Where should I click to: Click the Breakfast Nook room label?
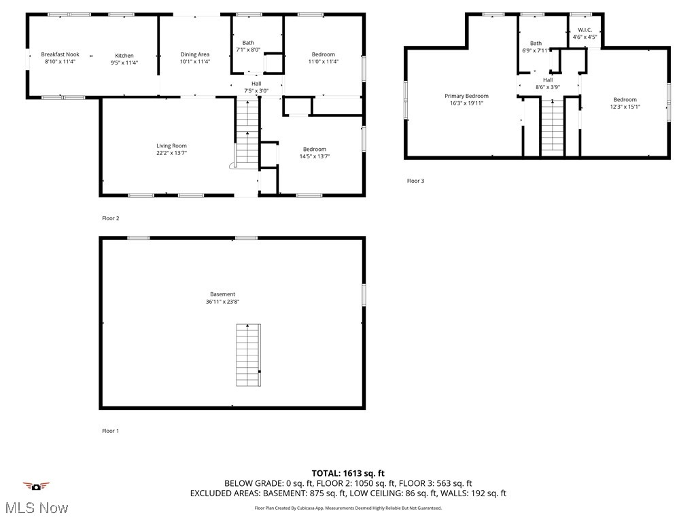pos(60,54)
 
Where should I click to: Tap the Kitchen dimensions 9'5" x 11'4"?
pos(124,63)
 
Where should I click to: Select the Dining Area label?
pos(194,54)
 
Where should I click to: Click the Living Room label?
pos(171,145)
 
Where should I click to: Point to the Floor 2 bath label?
pos(248,43)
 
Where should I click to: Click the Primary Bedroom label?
pos(466,96)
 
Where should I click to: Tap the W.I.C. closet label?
pos(585,30)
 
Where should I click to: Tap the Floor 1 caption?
pos(110,431)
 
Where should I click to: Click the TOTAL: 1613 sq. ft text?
pos(348,473)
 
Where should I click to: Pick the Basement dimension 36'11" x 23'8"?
pos(222,302)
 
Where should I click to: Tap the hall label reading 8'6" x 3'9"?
pos(548,87)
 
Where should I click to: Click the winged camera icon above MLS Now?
pos(36,486)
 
